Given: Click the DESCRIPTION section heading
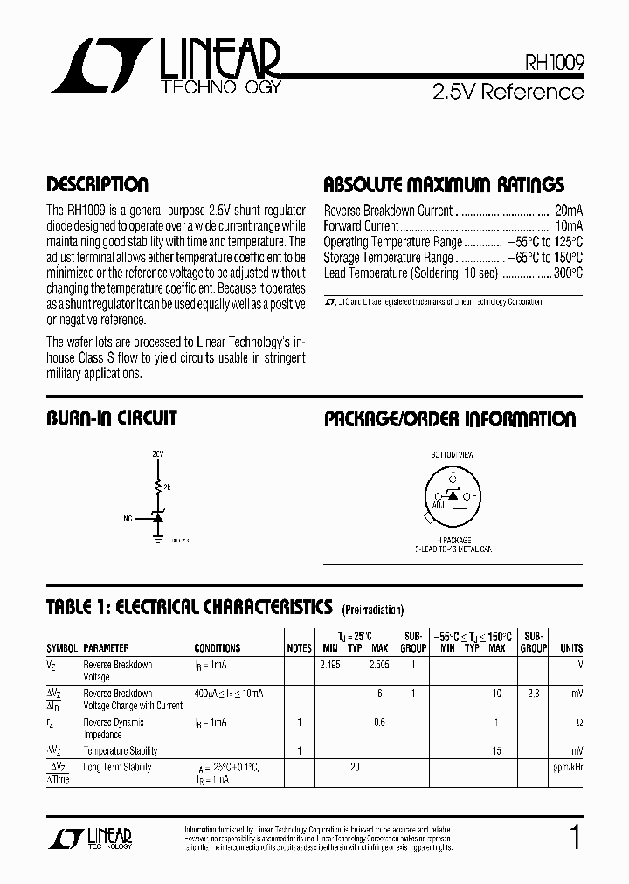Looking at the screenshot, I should pyautogui.click(x=97, y=185).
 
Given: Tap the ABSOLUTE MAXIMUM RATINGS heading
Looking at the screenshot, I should pyautogui.click(x=444, y=185).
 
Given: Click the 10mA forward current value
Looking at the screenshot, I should pyautogui.click(x=569, y=226).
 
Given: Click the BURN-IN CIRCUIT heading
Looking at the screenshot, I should pyautogui.click(x=111, y=418).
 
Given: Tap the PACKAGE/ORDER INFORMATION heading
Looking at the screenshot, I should pyautogui.click(x=450, y=418).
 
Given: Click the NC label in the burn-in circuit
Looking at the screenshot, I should pyautogui.click(x=128, y=518).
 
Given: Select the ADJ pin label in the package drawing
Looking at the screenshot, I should pyautogui.click(x=438, y=505).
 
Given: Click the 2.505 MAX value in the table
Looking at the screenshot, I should pyautogui.click(x=378, y=665).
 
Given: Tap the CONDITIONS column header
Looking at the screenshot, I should pyautogui.click(x=218, y=648).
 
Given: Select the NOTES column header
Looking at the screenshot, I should pyautogui.click(x=299, y=648).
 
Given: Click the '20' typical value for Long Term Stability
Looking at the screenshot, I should pyautogui.click(x=354, y=767).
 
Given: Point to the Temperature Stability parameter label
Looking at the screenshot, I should pyautogui.click(x=121, y=750).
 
